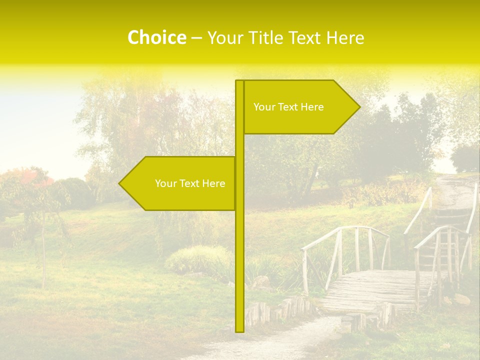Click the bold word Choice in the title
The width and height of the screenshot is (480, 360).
pyautogui.click(x=156, y=38)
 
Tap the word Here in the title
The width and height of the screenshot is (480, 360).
pyautogui.click(x=345, y=38)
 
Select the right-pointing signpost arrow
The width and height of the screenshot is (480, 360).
pyautogui.click(x=300, y=107)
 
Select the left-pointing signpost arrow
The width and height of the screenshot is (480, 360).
pyautogui.click(x=175, y=183)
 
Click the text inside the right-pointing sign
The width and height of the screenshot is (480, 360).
pyautogui.click(x=288, y=107)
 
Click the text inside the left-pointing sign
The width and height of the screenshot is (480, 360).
pyautogui.click(x=190, y=183)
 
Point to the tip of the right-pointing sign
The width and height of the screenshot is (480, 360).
pyautogui.click(x=359, y=106)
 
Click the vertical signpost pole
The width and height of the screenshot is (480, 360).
pyautogui.click(x=239, y=250)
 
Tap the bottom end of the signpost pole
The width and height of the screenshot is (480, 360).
pyautogui.click(x=239, y=330)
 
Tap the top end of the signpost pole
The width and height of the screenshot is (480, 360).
pyautogui.click(x=239, y=81)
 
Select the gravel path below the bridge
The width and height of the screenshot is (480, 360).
pyautogui.click(x=280, y=340)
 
